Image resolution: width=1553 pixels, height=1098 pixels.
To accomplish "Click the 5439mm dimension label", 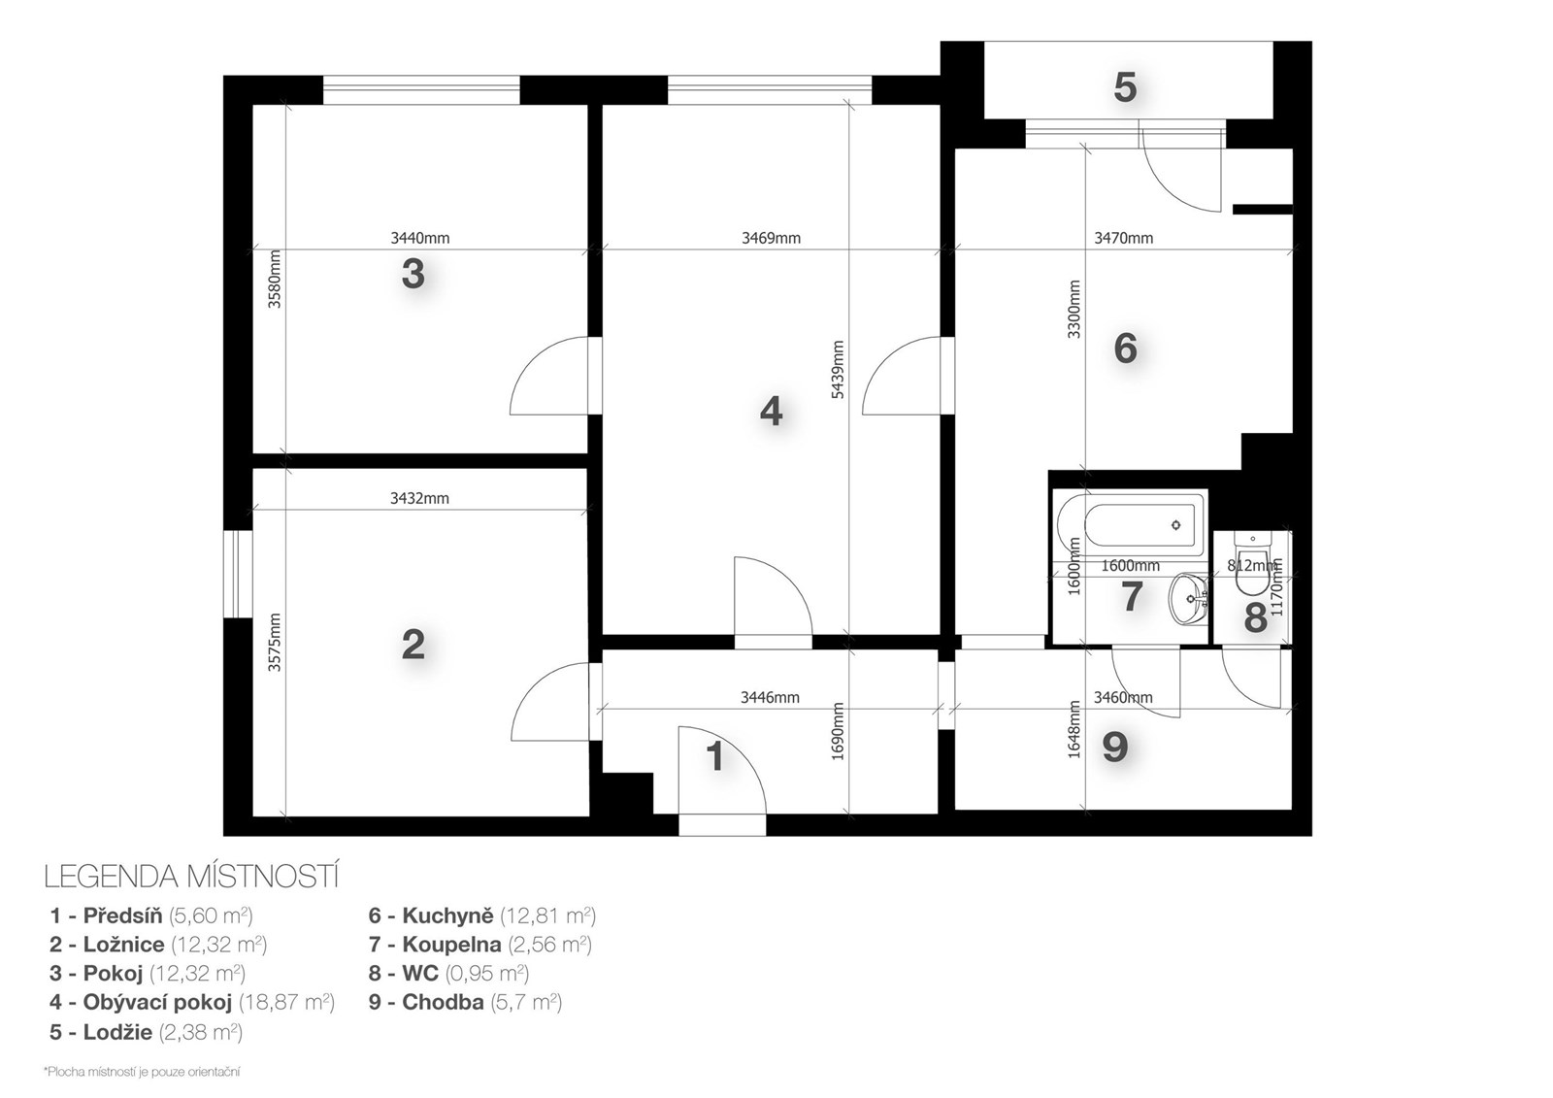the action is coord(838,369).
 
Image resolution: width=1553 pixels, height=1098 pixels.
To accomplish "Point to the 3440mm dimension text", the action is coord(420,239).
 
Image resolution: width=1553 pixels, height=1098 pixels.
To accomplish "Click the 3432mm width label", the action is coord(419,498).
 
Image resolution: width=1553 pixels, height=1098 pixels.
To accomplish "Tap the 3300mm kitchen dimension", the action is coord(1074,309).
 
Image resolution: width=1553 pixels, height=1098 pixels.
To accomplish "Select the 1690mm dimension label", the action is coord(838,731).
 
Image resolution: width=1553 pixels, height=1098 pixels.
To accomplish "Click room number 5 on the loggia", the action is coord(1125,88).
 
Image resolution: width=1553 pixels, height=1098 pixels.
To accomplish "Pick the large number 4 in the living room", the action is coord(771,412).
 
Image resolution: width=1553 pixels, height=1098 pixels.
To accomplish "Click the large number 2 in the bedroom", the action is coord(413,645).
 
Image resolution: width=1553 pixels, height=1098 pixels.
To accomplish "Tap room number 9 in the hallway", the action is coord(1115,747).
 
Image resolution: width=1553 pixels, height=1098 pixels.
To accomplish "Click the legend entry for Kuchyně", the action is coord(481,915).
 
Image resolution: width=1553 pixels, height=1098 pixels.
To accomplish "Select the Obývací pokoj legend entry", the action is coord(192,1002).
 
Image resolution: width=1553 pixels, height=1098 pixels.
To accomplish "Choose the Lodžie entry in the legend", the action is coord(147,1032).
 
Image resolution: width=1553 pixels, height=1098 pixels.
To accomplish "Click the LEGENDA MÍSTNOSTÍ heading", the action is coord(191,877).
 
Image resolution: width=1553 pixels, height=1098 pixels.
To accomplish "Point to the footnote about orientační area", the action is coord(142,1072).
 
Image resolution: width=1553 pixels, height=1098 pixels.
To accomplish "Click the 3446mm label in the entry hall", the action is coord(770,697).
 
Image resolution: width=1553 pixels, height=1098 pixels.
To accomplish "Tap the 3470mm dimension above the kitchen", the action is coord(1124,239).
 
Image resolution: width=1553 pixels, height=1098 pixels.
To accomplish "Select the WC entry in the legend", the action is coord(448,973).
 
